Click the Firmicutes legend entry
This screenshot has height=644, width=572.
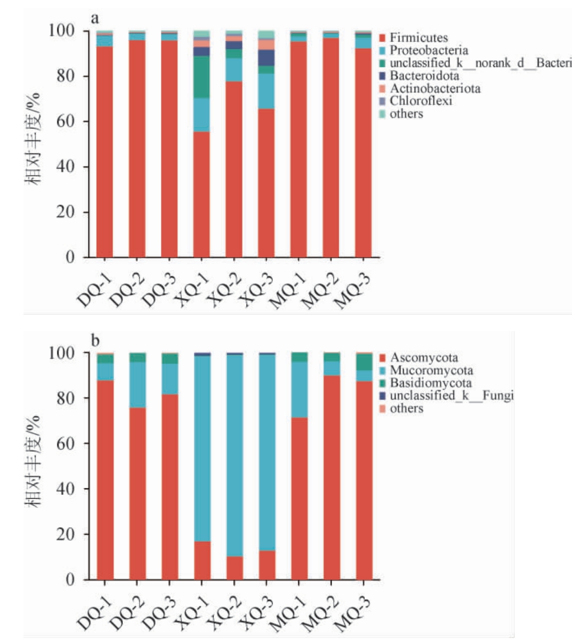click(x=418, y=38)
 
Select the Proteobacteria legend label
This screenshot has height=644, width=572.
click(x=428, y=51)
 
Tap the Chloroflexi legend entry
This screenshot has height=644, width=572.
click(x=421, y=101)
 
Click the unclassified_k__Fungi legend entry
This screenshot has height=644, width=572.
click(x=452, y=396)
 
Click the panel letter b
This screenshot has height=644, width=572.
click(x=95, y=341)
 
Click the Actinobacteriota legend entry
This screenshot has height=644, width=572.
click(x=435, y=88)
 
